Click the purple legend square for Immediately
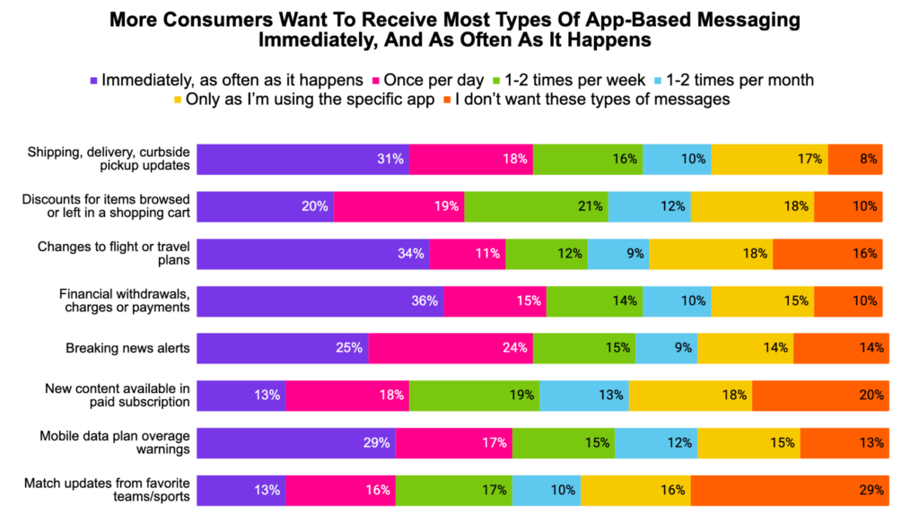[92, 80]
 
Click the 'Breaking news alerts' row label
[127, 348]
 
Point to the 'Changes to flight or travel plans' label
[113, 253]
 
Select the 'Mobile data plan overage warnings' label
[114, 442]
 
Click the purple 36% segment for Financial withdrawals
[320, 301]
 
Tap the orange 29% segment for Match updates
[790, 491]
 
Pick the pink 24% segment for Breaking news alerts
[451, 348]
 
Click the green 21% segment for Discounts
[536, 206]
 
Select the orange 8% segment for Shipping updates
[855, 159]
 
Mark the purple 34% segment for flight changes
[313, 254]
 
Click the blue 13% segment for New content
[584, 396]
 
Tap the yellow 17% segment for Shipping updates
[769, 159]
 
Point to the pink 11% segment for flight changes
[468, 254]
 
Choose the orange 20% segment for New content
[820, 396]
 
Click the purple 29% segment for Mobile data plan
[296, 443]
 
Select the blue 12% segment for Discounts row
[650, 206]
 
